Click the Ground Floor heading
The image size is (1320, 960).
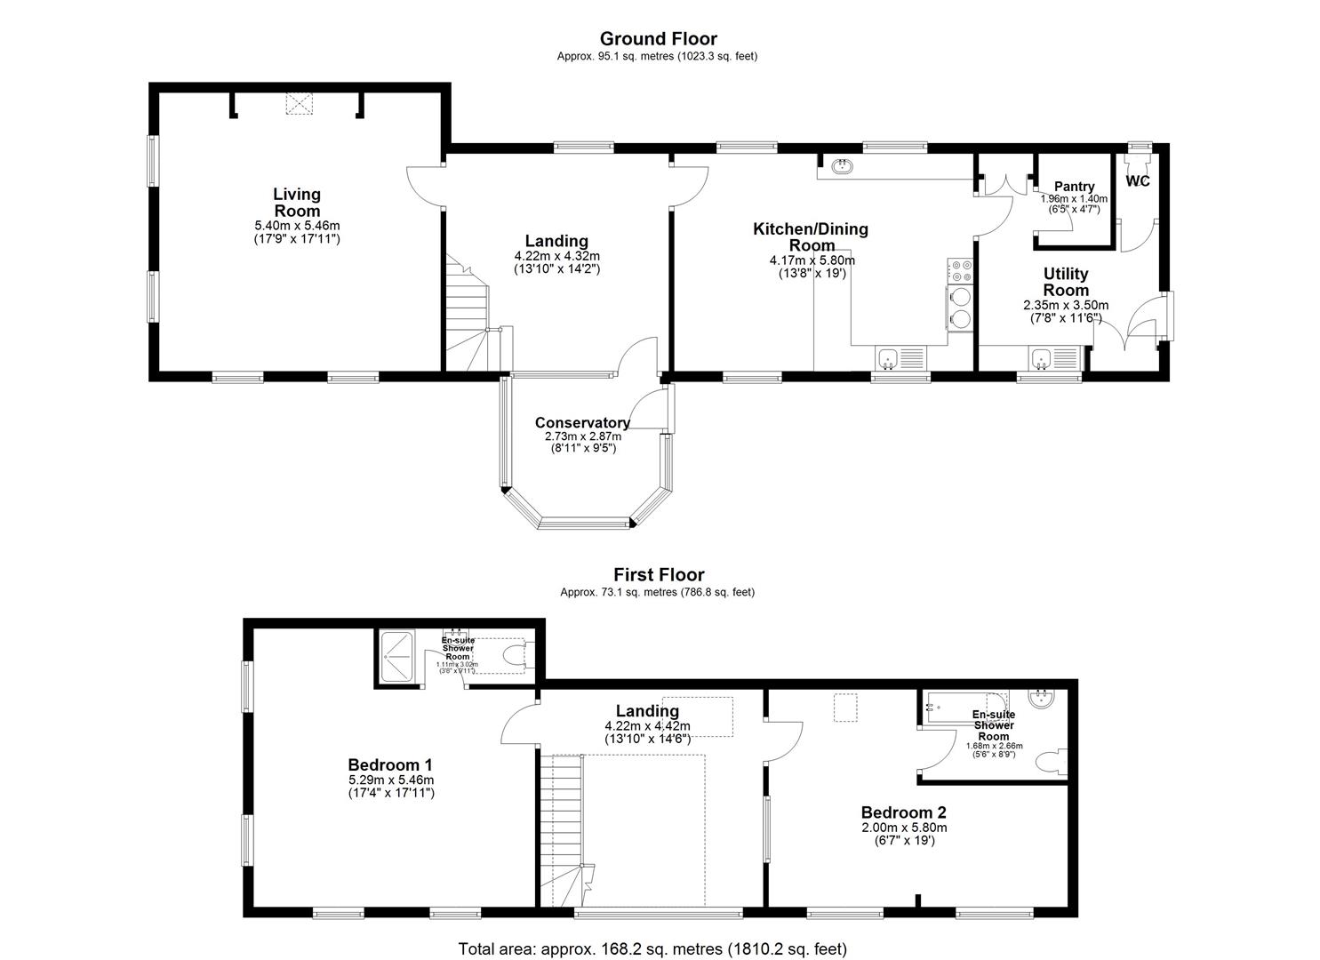(658, 38)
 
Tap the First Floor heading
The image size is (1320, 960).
(659, 575)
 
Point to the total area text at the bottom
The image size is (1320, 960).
(652, 948)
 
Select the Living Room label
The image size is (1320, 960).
(297, 203)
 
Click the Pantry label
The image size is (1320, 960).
(1074, 187)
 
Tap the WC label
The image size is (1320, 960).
(1138, 181)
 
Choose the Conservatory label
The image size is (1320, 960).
(582, 423)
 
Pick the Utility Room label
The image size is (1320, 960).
(1065, 282)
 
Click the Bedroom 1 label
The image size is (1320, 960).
(390, 764)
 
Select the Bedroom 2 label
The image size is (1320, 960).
(903, 812)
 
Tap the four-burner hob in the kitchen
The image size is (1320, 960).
(961, 269)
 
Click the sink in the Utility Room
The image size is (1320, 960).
(1041, 359)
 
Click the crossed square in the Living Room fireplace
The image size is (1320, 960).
(300, 104)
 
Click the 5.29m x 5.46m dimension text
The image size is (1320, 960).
(390, 780)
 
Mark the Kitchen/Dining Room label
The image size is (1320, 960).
(810, 236)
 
